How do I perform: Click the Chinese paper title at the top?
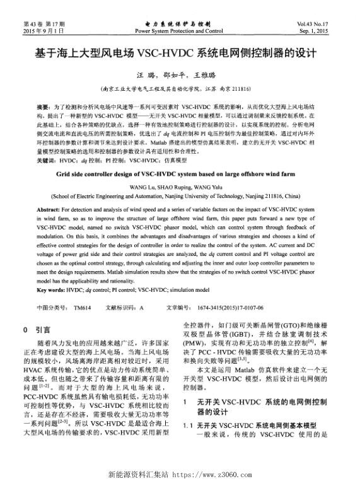click(180, 52)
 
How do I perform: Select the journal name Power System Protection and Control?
click(179, 30)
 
